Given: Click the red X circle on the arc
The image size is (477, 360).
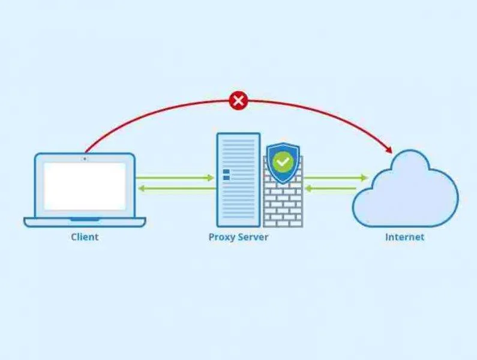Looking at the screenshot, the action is point(239,100).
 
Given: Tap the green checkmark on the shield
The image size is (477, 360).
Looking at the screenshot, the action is point(283,161).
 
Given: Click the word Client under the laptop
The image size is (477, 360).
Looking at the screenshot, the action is point(85,237).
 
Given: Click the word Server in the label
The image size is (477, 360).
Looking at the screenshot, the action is point(253,237).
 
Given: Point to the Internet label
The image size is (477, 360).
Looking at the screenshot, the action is point(404,237).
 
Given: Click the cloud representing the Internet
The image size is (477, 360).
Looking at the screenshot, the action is point(405,188).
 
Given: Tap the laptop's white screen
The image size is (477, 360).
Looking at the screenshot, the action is point(85,186).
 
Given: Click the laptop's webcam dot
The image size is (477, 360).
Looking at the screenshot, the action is point(85,159).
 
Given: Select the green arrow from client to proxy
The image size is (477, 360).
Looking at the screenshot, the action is point(175,178).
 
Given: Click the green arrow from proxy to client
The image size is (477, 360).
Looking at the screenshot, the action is point(177,188).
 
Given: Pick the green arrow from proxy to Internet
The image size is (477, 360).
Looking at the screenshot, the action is point(336,178).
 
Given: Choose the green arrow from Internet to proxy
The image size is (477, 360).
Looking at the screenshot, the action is point(331,188).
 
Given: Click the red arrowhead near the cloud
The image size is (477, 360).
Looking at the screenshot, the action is point(389,150).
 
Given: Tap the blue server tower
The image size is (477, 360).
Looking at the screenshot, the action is point(239,180).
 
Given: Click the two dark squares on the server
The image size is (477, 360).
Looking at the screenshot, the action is point(226,175).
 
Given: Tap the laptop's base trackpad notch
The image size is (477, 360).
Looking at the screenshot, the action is point(85,219).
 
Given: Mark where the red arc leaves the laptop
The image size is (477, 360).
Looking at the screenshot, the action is point(86,152).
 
